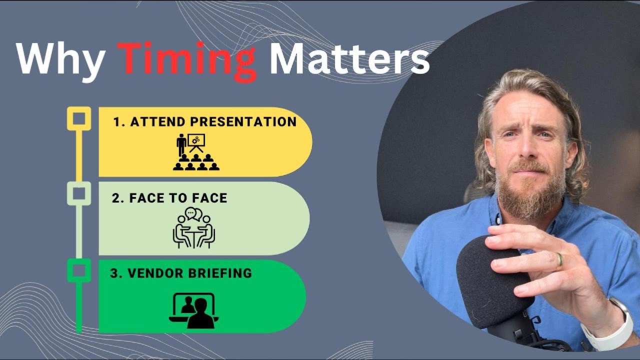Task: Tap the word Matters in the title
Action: [349, 59]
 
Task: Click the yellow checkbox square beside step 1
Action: [79, 119]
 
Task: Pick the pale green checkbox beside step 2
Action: [79, 193]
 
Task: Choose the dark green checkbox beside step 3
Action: [79, 270]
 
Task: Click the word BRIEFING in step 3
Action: [224, 273]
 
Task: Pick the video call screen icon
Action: [194, 310]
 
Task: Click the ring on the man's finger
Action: [559, 260]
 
